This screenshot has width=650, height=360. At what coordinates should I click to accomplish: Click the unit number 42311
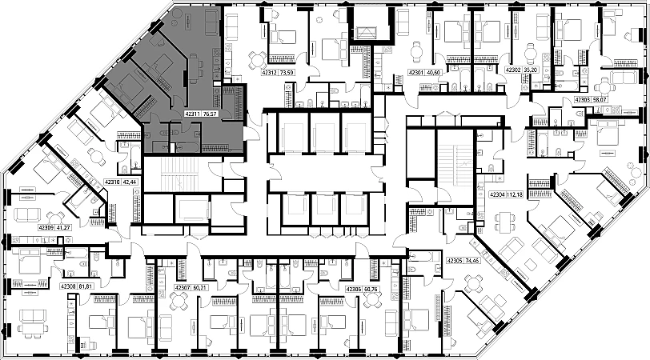(193, 114)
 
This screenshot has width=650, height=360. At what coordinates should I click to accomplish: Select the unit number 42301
(416, 73)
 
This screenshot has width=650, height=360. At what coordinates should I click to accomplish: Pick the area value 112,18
(515, 194)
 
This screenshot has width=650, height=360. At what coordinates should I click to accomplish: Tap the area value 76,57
(211, 114)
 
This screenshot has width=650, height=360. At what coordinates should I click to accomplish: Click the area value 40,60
(435, 73)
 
